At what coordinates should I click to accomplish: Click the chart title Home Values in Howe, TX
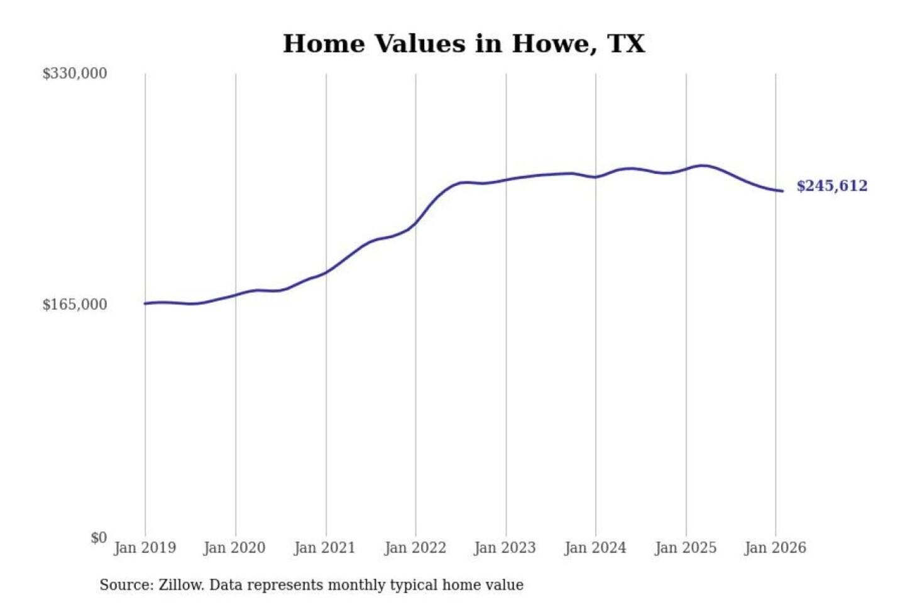464,44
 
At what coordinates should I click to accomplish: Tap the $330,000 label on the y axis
75,73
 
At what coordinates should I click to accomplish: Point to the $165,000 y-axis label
75,305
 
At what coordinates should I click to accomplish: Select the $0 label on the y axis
99,538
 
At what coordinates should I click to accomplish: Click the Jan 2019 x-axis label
145,548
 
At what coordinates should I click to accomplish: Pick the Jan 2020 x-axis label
234,548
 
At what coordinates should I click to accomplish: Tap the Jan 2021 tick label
324,548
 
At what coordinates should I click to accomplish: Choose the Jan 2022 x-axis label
415,548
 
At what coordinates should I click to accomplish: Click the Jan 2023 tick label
505,548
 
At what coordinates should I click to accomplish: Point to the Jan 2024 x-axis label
595,548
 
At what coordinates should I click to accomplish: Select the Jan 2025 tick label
685,548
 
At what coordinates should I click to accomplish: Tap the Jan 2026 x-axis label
775,548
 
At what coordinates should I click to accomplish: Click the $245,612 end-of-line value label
831,186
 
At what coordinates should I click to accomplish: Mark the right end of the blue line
782,191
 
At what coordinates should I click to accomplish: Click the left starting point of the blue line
145,303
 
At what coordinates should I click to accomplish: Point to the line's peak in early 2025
703,166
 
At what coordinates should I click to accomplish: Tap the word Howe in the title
551,44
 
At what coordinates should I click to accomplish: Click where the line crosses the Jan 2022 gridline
415,223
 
